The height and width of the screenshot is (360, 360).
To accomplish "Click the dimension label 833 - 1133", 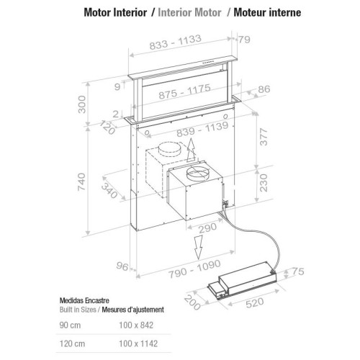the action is coord(175,42).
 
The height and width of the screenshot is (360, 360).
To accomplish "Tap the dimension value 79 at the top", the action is coord(244,40).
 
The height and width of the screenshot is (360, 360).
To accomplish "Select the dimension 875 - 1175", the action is coord(184,91).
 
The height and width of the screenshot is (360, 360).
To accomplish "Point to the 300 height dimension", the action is coord(82,104).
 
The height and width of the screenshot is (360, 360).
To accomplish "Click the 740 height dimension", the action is coord(81,182).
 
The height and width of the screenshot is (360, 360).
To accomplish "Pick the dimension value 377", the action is coord(264,137).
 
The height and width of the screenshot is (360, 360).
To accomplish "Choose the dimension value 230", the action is coord(264,183).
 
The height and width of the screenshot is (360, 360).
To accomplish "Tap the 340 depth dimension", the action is coord(109,191).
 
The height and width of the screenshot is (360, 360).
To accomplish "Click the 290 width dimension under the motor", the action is coord(208,228).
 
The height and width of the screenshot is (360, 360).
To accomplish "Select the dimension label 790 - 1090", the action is coord(194,269).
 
